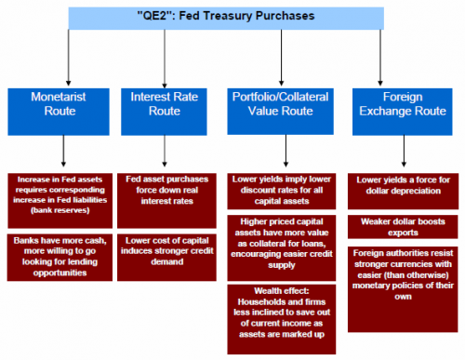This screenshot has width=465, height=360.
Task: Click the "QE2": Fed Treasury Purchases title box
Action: [232, 16]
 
